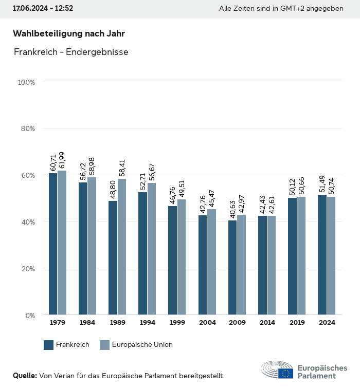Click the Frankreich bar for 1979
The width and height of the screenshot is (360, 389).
pos(53,244)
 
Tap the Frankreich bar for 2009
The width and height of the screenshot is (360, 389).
pos(232,267)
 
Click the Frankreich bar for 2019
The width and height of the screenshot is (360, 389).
pos(292,256)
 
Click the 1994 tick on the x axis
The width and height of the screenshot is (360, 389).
pos(147,323)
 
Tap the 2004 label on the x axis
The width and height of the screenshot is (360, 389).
pos(207,323)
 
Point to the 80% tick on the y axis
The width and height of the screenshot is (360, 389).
pos(28,128)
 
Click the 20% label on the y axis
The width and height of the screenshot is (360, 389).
pos(28,269)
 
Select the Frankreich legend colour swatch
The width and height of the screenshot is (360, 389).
pos(49,345)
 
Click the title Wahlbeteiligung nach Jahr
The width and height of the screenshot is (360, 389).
pos(69,34)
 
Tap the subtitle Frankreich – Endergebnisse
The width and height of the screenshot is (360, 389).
pos(71,52)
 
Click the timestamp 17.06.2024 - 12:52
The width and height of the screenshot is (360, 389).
pos(43,9)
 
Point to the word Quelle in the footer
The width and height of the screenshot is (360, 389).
pos(25,376)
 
